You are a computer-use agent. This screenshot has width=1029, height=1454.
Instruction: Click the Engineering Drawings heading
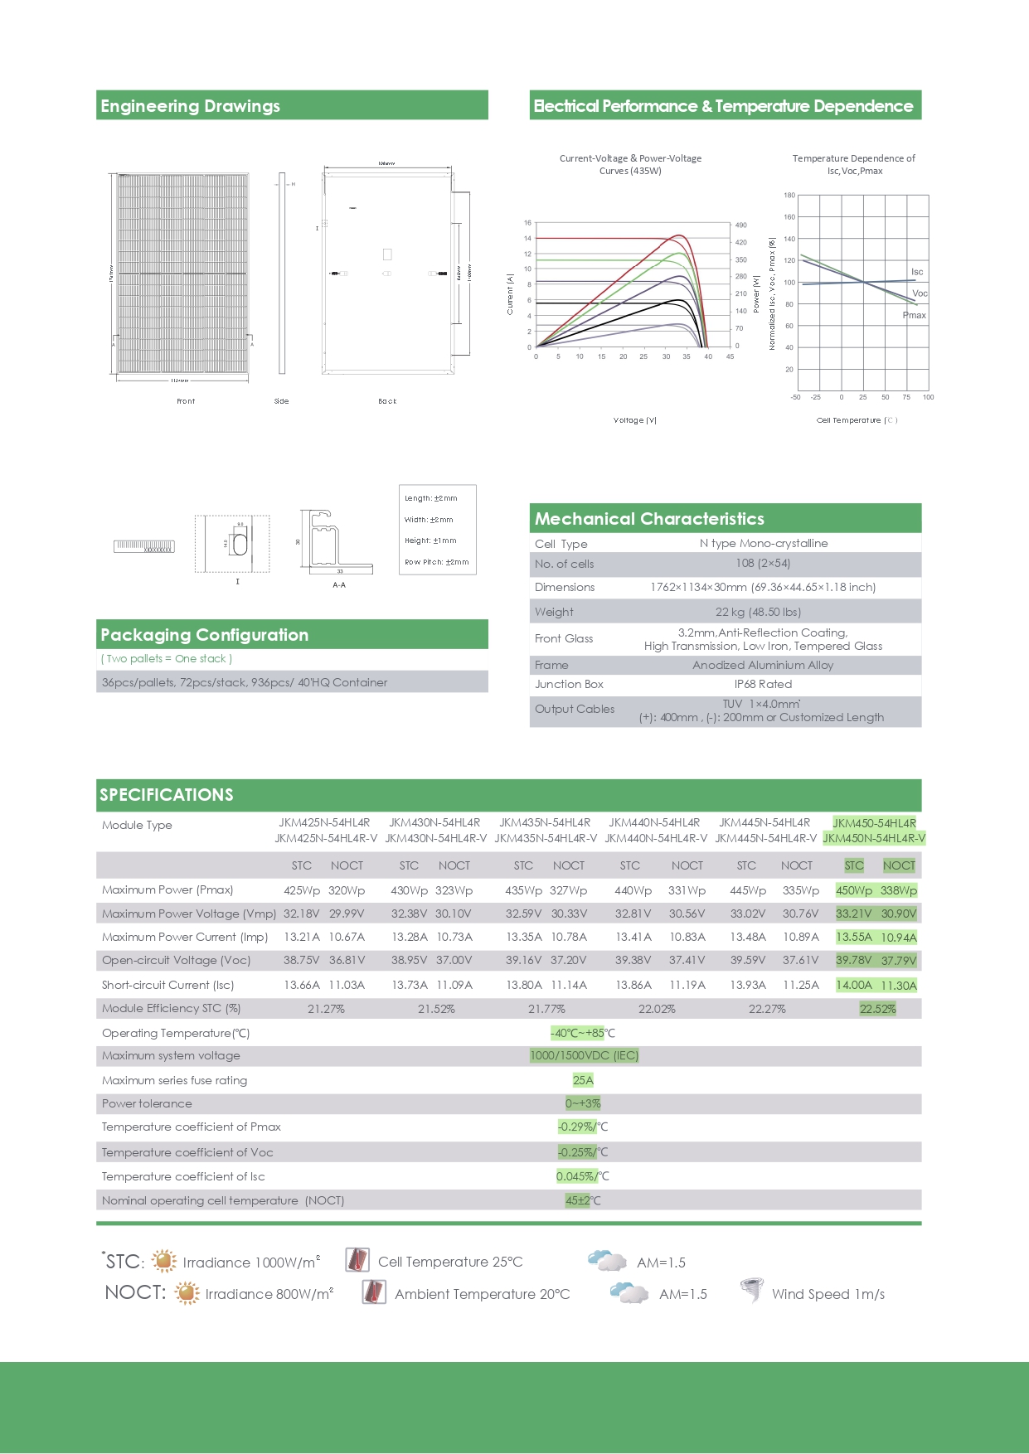(x=191, y=106)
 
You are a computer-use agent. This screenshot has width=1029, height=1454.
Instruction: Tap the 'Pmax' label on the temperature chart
(x=914, y=315)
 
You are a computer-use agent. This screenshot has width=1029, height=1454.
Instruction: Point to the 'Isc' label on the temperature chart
(x=916, y=272)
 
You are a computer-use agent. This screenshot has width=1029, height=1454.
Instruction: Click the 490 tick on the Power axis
(x=740, y=225)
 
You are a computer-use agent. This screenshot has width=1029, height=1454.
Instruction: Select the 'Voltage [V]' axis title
(x=634, y=420)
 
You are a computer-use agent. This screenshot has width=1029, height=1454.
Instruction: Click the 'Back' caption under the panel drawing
(x=387, y=401)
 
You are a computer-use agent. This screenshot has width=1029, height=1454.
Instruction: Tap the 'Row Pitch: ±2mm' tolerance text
(x=436, y=562)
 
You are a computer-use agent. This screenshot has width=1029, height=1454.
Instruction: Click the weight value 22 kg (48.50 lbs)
(x=758, y=612)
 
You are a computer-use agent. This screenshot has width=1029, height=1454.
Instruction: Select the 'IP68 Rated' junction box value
(x=763, y=684)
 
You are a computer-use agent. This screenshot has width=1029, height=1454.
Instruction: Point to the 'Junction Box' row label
(x=569, y=684)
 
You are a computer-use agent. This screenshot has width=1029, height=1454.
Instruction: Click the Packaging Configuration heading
(x=205, y=635)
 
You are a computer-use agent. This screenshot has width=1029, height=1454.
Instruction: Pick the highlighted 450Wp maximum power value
(x=854, y=890)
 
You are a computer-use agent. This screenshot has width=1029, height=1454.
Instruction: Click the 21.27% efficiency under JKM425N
(x=326, y=1009)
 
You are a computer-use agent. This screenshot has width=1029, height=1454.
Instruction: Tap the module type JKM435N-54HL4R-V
(x=546, y=838)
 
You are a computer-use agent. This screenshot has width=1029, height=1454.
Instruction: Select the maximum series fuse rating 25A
(x=583, y=1080)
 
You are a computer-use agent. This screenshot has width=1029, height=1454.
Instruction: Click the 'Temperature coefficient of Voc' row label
(x=187, y=1152)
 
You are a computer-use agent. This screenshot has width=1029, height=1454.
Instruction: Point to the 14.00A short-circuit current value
(x=854, y=985)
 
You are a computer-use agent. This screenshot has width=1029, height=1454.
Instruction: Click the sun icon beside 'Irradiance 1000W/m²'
(x=164, y=1261)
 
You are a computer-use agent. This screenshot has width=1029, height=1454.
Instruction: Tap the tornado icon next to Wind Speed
(x=752, y=1291)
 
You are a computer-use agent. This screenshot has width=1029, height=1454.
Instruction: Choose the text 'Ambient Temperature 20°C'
(x=482, y=1294)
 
